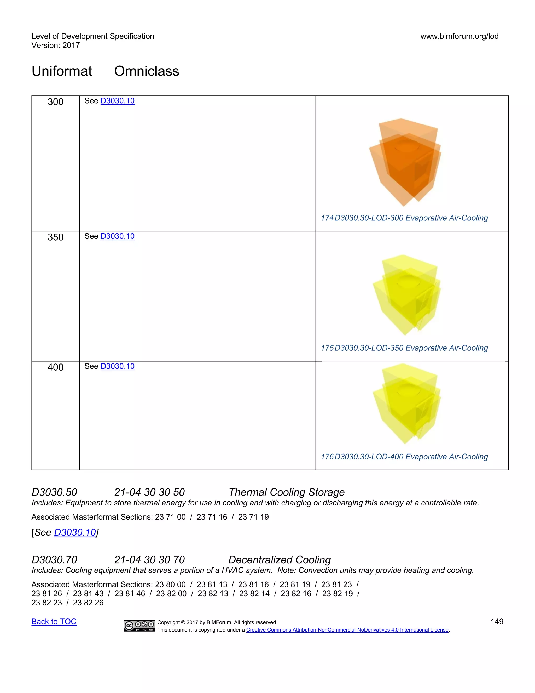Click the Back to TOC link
pyautogui.click(x=54, y=621)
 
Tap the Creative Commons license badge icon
pyautogui.click(x=139, y=626)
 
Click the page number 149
pyautogui.click(x=497, y=621)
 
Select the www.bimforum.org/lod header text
pyautogui.click(x=459, y=36)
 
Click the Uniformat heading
pyautogui.click(x=62, y=71)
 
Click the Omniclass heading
pyautogui.click(x=147, y=71)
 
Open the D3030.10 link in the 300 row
pyautogui.click(x=117, y=101)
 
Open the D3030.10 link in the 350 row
pyautogui.click(x=117, y=236)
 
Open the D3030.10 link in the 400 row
pyautogui.click(x=117, y=366)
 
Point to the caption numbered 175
pyautogui.click(x=404, y=348)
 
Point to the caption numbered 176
pyautogui.click(x=404, y=457)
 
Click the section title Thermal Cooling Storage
pyautogui.click(x=286, y=492)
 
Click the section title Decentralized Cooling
pyautogui.click(x=280, y=560)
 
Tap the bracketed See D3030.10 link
pyautogui.click(x=75, y=532)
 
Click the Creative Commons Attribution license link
pyautogui.click(x=347, y=630)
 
